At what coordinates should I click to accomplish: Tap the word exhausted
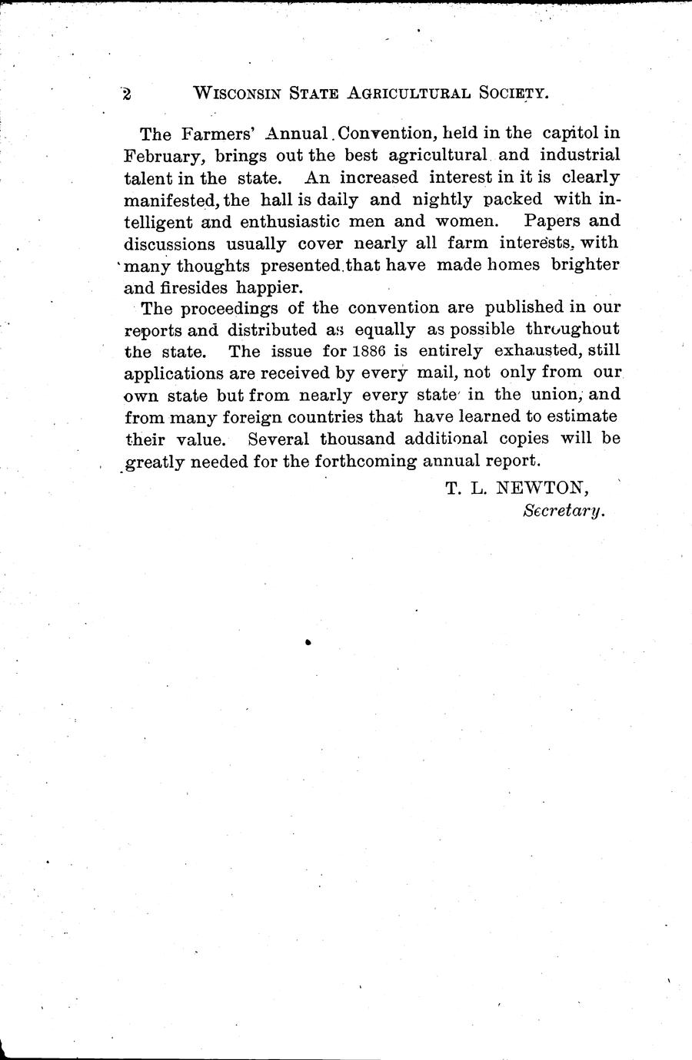click(x=539, y=352)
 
